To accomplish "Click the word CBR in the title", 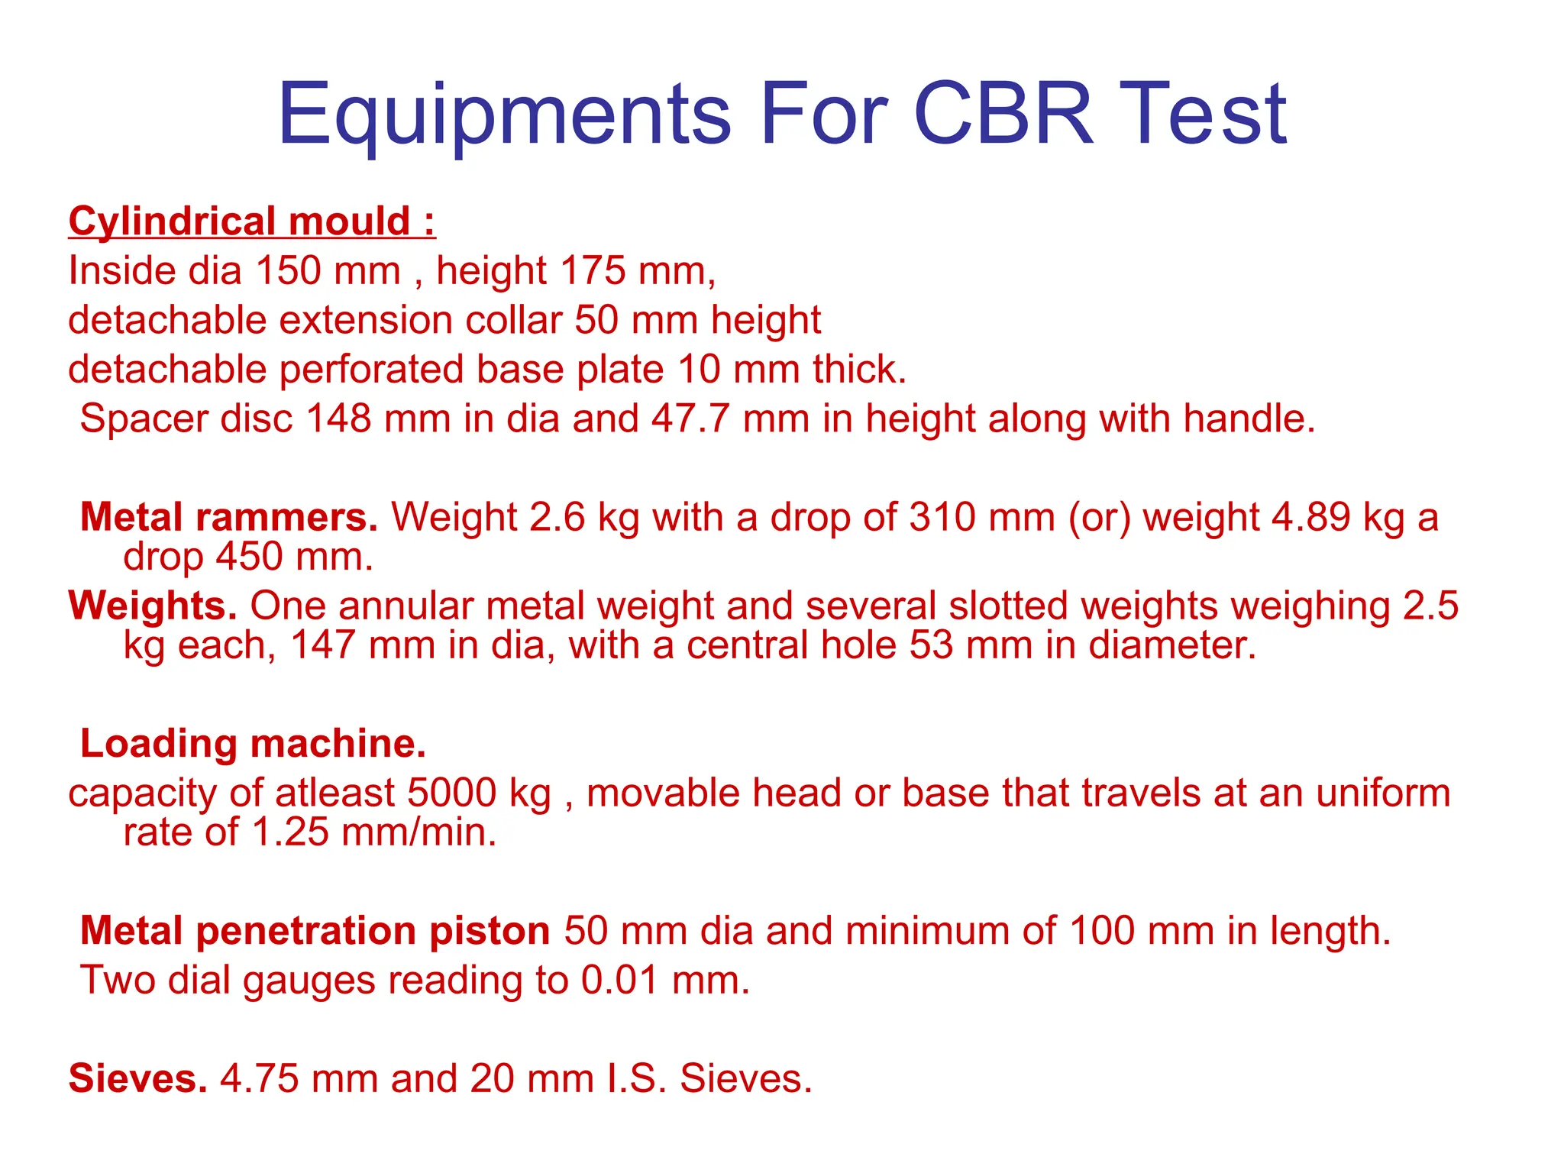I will tap(1003, 115).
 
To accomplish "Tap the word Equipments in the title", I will tap(504, 115).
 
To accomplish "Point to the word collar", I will tap(513, 320).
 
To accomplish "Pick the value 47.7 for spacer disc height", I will tap(690, 419).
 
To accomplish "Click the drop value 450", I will tap(249, 557).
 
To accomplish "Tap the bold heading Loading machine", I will tap(253, 744).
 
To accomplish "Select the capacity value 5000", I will tap(451, 793).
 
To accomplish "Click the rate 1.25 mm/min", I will tap(374, 832).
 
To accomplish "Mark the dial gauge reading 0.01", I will tap(619, 981).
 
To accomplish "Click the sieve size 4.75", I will tap(260, 1079).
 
